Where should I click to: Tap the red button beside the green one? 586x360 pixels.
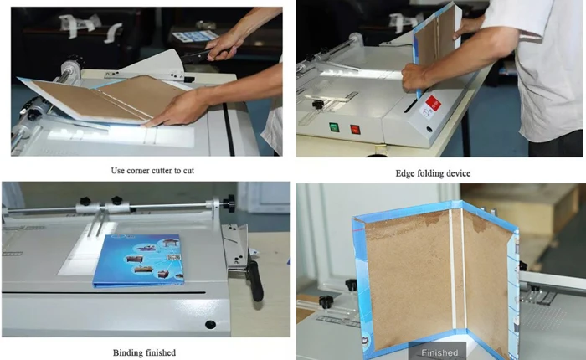tap(355, 130)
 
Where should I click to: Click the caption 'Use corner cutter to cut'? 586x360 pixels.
tap(147, 171)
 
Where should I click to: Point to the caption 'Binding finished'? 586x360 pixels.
tap(144, 352)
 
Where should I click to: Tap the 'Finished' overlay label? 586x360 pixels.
tap(439, 352)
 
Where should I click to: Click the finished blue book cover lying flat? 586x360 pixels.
tap(138, 260)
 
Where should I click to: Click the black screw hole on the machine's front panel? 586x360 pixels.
tap(209, 324)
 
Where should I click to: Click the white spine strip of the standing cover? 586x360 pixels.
tap(456, 268)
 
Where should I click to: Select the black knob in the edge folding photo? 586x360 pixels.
tap(318, 104)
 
